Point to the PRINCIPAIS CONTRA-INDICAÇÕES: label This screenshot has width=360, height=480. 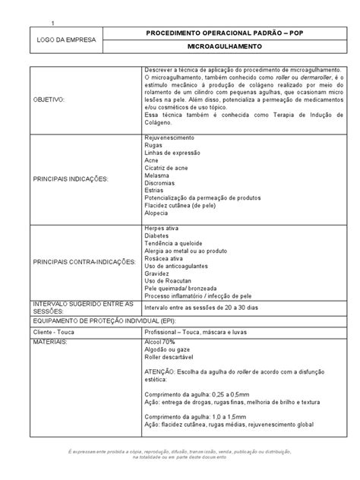[83, 261]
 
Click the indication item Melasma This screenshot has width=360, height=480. [157, 175]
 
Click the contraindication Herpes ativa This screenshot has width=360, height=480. [164, 228]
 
